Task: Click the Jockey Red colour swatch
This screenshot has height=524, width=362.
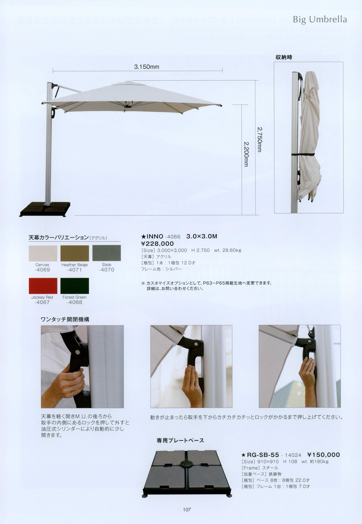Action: coord(43,286)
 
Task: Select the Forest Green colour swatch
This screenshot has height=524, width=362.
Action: coord(75,286)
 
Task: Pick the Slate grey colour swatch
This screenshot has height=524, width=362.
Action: coord(106,253)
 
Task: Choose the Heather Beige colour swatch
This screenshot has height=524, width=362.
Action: coord(75,253)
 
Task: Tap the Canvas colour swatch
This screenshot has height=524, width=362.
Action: coord(43,253)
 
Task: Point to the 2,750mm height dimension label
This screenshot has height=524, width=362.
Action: coord(259,139)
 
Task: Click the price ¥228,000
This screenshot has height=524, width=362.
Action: coord(158,244)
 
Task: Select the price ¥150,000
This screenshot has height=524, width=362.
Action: coord(323,455)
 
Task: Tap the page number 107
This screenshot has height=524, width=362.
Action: coord(187,510)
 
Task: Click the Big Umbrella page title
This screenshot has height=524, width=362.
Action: coord(320,20)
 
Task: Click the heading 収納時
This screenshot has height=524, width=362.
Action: coord(284,57)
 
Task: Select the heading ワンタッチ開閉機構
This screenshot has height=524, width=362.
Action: coord(65,319)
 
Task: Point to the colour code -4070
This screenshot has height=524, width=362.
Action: coord(107,270)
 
